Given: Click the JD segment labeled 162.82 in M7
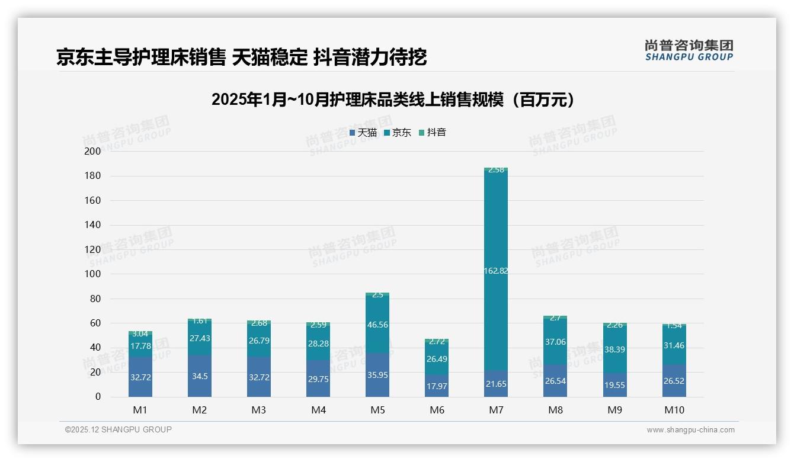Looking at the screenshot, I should [496, 271].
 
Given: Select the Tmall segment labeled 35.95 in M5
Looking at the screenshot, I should [377, 375].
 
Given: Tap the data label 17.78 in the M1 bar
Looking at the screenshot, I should [140, 346].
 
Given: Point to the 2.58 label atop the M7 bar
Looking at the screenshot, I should [496, 170].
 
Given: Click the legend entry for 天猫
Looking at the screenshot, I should [363, 133].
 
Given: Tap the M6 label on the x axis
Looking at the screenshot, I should [437, 410].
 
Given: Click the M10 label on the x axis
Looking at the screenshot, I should [674, 410].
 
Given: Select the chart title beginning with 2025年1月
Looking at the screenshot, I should [393, 100].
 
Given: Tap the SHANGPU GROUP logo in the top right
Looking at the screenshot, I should [689, 50].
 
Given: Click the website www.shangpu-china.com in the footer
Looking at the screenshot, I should [690, 430].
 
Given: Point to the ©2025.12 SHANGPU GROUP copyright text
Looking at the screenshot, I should [119, 430].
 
